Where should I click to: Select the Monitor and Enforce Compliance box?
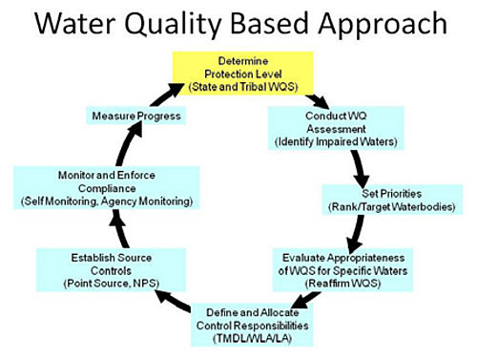pyautogui.click(x=106, y=187)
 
